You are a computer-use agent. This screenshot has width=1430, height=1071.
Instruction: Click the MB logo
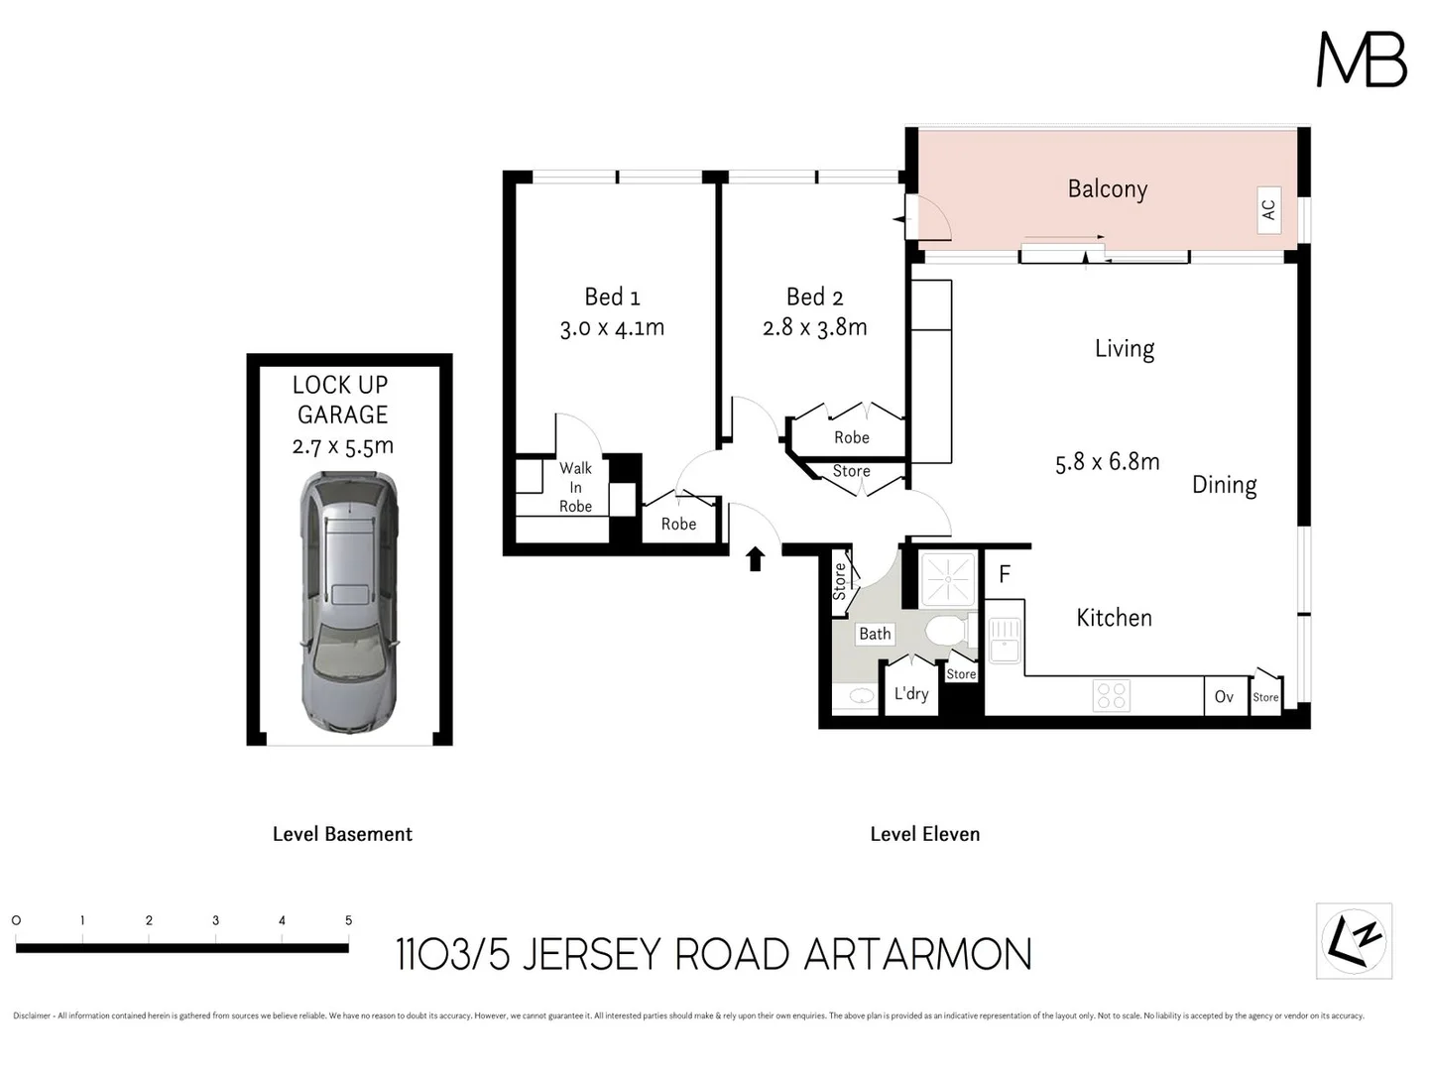[x=1361, y=59]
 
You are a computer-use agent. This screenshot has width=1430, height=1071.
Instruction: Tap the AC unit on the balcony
[x=1267, y=210]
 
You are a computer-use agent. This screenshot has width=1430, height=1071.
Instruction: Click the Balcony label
[x=1107, y=189]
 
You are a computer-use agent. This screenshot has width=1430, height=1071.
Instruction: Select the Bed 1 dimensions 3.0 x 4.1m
[x=612, y=328]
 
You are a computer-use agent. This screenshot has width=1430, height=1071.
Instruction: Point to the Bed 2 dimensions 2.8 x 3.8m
[x=814, y=327]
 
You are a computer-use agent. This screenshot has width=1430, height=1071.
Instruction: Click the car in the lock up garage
[x=349, y=602]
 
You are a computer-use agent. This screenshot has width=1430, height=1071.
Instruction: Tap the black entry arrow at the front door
[x=756, y=559]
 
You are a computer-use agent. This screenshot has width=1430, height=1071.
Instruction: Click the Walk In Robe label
[x=575, y=487]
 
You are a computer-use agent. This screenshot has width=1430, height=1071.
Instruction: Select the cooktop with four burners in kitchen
[x=1111, y=695]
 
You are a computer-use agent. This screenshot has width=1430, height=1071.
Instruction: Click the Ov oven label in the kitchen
[x=1224, y=697]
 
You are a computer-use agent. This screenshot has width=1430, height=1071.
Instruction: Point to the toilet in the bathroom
[x=945, y=631]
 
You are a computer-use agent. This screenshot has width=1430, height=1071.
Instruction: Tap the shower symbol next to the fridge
[x=947, y=579]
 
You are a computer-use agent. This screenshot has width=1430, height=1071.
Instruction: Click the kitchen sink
[x=1004, y=640]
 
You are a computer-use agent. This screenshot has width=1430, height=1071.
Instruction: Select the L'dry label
[x=910, y=694]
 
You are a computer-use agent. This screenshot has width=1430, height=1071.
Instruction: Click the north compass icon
[x=1354, y=940]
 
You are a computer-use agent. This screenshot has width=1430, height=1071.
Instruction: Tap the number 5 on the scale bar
[x=348, y=920]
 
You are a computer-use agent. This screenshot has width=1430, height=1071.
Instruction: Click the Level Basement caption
[x=342, y=834]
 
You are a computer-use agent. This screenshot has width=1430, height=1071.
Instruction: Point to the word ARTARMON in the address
[x=917, y=955]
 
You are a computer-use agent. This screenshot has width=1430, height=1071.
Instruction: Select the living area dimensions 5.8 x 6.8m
[x=1107, y=462]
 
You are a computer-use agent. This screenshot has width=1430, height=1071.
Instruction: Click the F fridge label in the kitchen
[x=1005, y=574]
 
